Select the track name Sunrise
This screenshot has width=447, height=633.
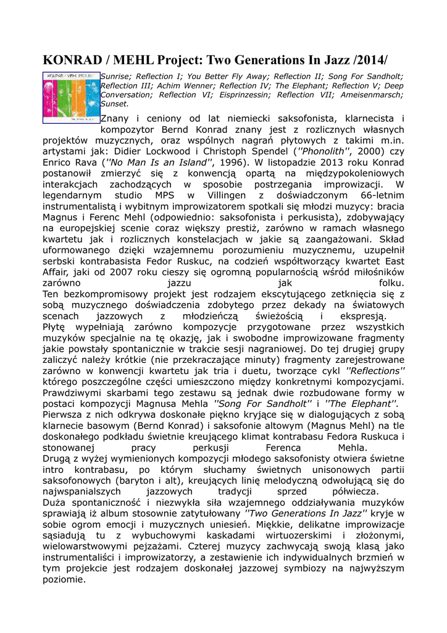click(115, 76)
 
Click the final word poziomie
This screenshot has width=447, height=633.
click(64, 580)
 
